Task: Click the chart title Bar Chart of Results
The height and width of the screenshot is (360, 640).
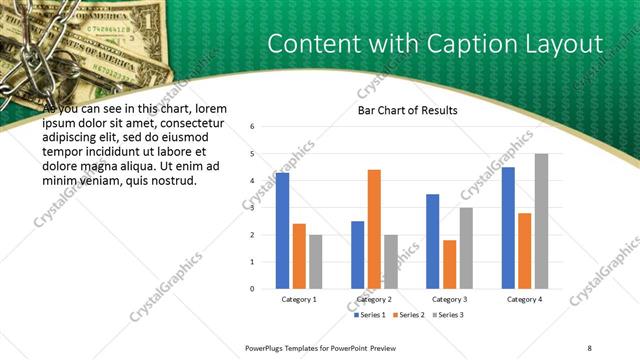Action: click(407, 110)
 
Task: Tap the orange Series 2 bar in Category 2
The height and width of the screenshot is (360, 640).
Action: click(374, 229)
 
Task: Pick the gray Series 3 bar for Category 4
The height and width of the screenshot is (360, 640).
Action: click(541, 221)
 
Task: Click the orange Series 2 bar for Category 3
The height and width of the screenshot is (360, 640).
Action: click(449, 264)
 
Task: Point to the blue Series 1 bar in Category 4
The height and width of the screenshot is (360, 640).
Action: click(508, 228)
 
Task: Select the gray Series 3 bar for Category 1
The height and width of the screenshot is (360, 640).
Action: click(316, 261)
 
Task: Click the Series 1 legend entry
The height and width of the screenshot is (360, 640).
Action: click(372, 315)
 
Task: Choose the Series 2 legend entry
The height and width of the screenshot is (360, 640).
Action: click(409, 315)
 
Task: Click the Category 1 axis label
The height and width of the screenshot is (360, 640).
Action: click(299, 299)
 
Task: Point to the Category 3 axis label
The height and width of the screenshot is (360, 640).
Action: click(449, 299)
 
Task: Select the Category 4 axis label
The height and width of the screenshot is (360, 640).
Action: click(524, 299)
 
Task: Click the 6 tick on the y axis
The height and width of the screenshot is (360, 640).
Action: click(253, 127)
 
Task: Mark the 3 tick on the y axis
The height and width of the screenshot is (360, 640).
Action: click(253, 208)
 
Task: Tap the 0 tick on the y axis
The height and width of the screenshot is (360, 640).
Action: click(253, 289)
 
